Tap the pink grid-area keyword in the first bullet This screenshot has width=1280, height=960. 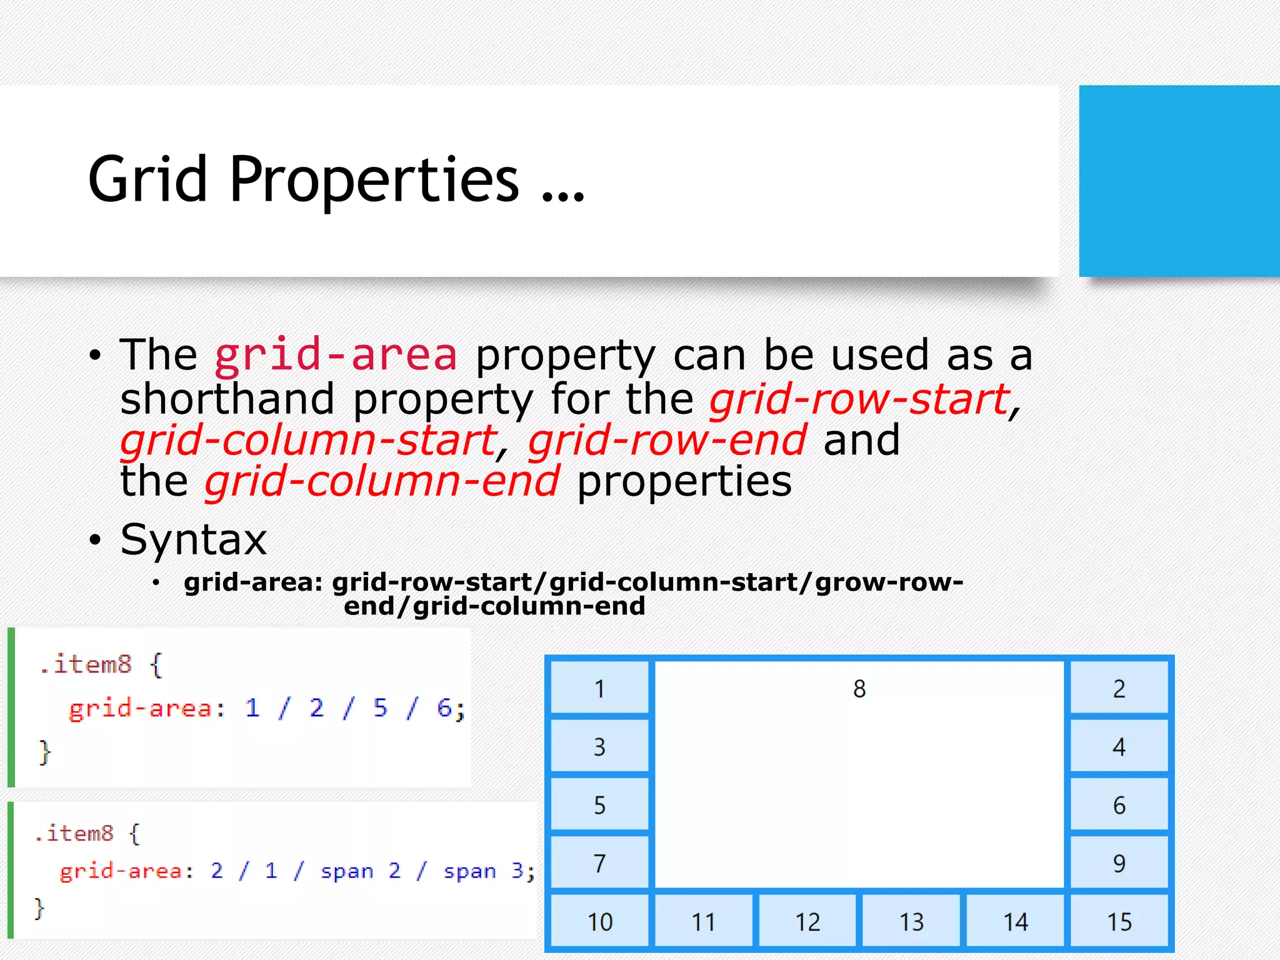tap(336, 355)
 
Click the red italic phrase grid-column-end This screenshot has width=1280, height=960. tap(382, 481)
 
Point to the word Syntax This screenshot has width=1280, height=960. tap(193, 539)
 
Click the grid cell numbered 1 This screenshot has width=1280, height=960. tap(599, 689)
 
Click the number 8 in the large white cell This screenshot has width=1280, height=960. tap(859, 689)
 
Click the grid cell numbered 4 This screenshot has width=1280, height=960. tap(1119, 747)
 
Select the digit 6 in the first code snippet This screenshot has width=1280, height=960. tap(444, 708)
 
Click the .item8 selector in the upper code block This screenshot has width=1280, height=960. tap(86, 664)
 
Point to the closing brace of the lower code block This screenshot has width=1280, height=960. tap(39, 908)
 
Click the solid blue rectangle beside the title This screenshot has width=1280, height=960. tap(1179, 181)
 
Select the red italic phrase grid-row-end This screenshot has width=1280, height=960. tap(667, 440)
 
